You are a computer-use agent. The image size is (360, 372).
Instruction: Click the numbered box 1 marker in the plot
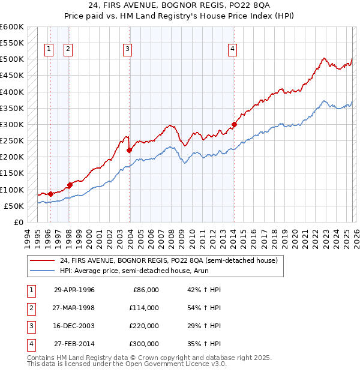(49, 50)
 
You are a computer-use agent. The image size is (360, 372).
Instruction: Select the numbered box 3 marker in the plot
(128, 50)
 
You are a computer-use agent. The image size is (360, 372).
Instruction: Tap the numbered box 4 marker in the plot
(232, 50)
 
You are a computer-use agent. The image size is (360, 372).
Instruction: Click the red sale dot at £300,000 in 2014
(235, 125)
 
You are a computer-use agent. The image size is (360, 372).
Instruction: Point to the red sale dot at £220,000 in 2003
(130, 151)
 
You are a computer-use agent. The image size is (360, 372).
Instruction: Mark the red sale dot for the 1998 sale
(70, 185)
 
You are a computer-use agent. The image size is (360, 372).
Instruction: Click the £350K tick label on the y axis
(12, 109)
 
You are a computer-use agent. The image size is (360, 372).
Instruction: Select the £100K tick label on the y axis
(12, 190)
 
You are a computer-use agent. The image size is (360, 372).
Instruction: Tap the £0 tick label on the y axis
(17, 222)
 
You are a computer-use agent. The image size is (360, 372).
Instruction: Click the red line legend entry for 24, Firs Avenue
(168, 261)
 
